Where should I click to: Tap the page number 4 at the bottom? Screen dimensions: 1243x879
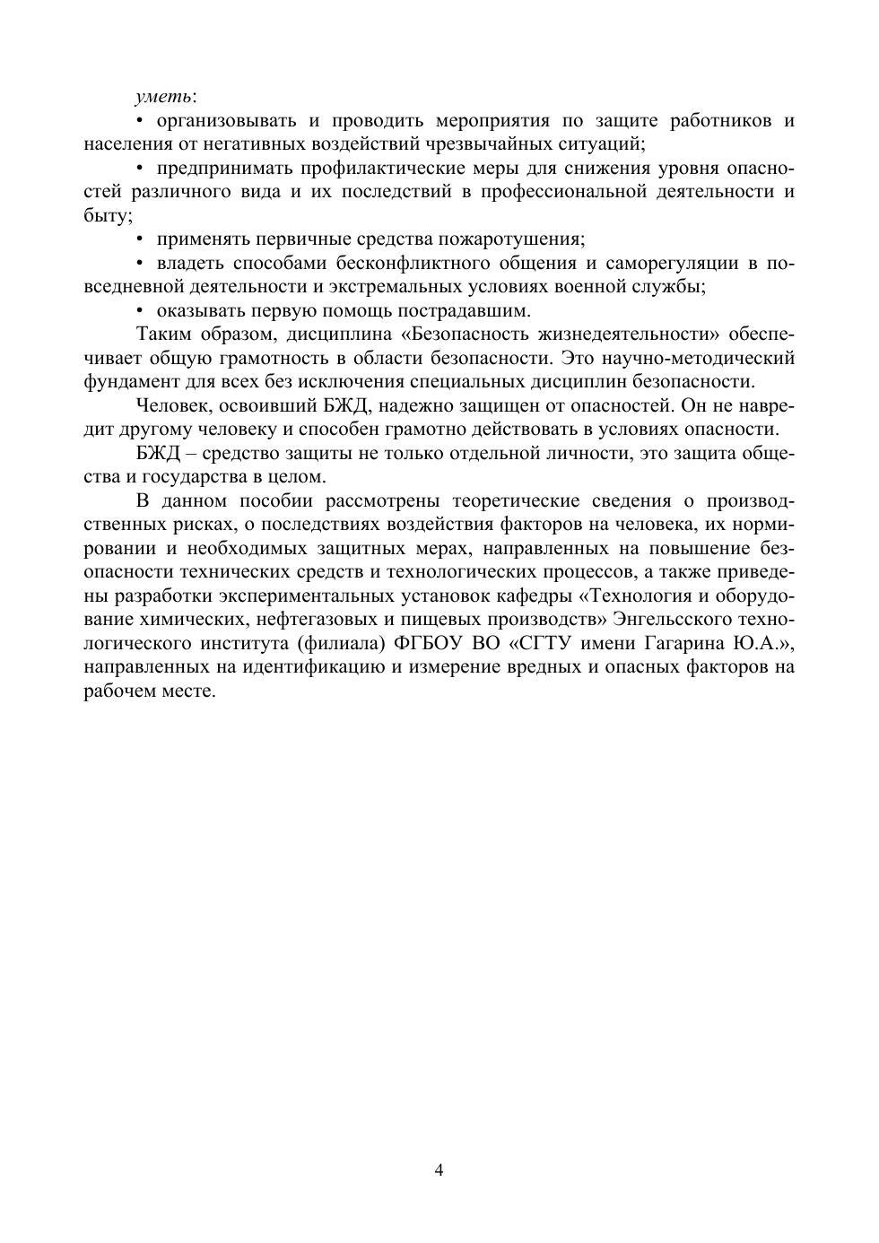pos(439,1170)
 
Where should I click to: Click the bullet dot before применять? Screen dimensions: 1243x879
pos(141,239)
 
